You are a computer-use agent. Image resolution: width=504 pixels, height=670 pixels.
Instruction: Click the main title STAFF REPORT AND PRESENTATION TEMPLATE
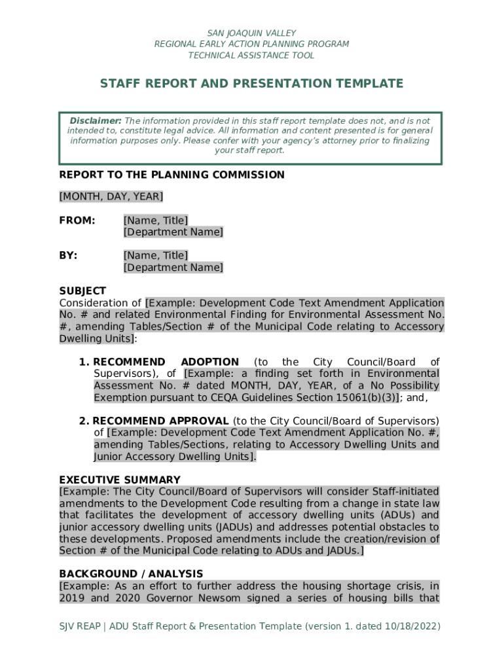tap(251, 84)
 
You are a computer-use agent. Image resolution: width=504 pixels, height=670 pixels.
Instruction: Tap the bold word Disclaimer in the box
tap(96, 121)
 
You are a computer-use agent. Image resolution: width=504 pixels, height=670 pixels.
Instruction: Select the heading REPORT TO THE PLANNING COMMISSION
tap(171, 175)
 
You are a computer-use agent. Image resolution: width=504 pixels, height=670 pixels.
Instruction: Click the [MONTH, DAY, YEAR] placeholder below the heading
tap(111, 196)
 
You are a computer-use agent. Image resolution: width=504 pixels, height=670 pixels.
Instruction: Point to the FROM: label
tap(77, 220)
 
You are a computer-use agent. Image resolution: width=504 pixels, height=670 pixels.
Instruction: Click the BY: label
tap(68, 255)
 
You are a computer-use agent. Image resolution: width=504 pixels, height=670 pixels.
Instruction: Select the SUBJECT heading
tap(82, 291)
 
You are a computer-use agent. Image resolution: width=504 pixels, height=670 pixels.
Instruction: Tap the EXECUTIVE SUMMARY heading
tap(120, 480)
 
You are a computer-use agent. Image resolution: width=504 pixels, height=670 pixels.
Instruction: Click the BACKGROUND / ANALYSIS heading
tap(131, 574)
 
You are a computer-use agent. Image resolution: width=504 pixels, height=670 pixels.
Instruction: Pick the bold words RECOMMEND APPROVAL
tap(161, 421)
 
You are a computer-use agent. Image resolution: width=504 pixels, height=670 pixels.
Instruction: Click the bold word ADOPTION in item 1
tap(209, 362)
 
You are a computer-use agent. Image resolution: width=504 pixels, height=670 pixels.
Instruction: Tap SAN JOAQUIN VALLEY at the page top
tap(251, 33)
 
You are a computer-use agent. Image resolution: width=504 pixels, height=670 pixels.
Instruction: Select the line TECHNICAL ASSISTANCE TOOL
tap(251, 55)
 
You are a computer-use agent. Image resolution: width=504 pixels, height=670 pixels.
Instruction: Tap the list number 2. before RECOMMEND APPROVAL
tap(84, 421)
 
